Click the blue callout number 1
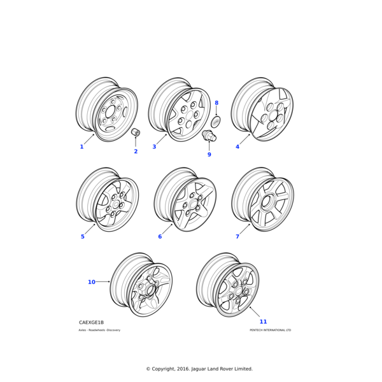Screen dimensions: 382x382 [82, 146]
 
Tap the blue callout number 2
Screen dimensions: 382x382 [136, 152]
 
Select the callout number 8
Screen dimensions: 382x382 [216, 103]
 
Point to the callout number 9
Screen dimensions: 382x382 [209, 155]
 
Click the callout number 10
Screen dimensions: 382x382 [92, 282]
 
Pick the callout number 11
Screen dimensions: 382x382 [264, 322]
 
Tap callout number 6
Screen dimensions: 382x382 [160, 237]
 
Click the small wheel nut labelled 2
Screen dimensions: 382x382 [136, 132]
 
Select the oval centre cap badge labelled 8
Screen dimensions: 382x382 [216, 122]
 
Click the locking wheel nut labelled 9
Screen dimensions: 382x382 [209, 136]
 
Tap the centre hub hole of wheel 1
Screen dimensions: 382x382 [110, 112]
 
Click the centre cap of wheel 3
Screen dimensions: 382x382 [189, 115]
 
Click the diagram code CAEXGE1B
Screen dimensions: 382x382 [91, 322]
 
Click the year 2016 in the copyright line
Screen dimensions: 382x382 [183, 369]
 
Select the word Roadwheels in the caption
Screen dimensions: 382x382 [97, 330]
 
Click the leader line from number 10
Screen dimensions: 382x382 [103, 282]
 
